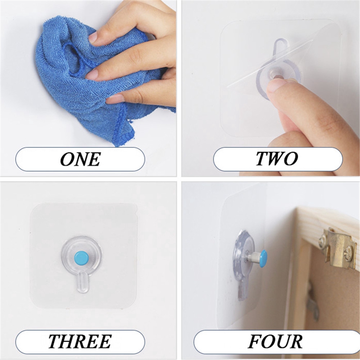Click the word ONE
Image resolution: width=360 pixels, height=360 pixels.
point(80,159)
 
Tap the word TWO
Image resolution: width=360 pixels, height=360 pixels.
point(277,159)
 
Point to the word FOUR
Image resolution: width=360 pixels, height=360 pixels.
point(275,341)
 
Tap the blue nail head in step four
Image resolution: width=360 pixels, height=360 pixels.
point(264,256)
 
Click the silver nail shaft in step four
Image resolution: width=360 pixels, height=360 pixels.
point(253,258)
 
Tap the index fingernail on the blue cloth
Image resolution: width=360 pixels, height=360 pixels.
point(93,37)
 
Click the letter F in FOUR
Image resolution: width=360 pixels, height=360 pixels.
point(255,341)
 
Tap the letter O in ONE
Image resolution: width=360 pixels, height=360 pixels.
point(67,159)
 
